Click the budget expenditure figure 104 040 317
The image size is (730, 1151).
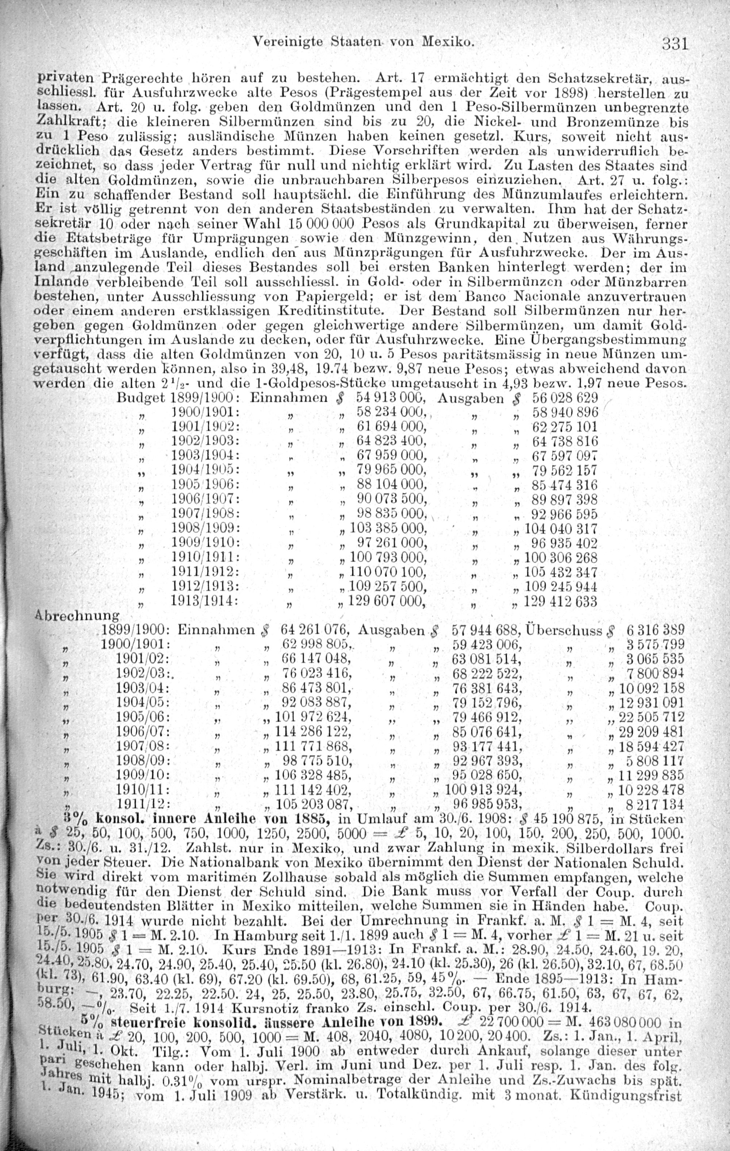(561, 529)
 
